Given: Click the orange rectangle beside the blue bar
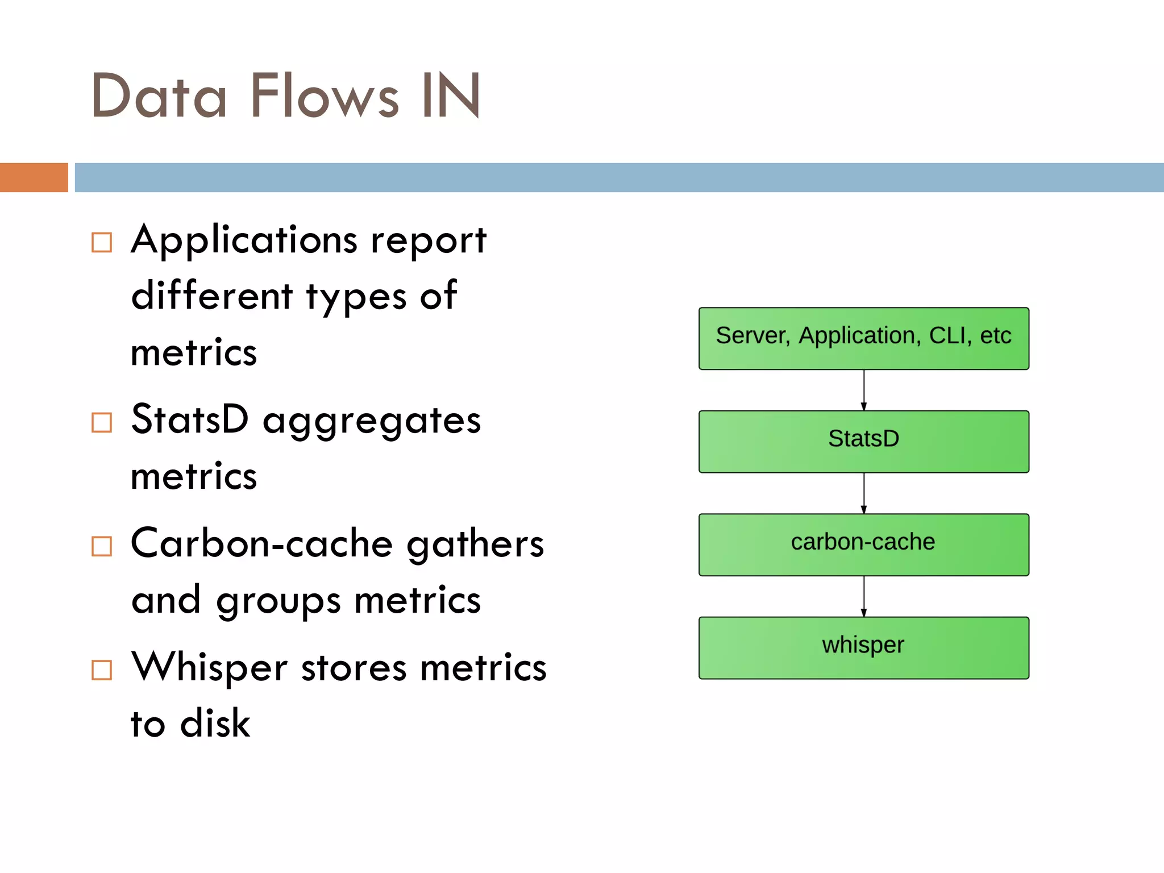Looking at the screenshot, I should pos(34,177).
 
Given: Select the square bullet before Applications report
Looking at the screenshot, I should pos(102,243).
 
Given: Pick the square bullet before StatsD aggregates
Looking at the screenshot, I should pos(102,423).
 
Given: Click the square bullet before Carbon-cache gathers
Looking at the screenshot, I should pos(102,546).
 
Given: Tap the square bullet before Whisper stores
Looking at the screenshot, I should pos(102,670).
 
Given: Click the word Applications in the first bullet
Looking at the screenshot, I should pos(244,240).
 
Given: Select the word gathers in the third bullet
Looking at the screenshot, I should pos(475,544).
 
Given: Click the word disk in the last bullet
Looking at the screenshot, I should pos(215,724).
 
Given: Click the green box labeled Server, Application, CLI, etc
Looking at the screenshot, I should pos(863,339).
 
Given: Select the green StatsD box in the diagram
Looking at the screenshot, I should pos(863,442).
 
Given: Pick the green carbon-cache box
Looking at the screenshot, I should pos(863,544).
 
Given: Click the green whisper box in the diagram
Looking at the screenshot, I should pos(863,648).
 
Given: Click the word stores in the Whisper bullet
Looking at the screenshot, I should pos(354,668).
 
